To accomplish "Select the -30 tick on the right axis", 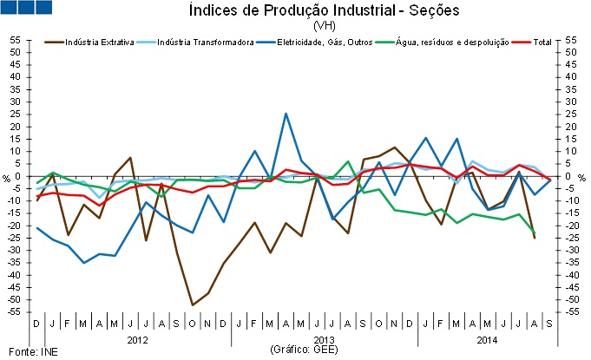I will point(571,251).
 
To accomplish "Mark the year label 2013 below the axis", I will point(324,339).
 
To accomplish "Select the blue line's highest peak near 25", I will point(286,114).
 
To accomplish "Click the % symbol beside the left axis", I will point(6,177).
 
